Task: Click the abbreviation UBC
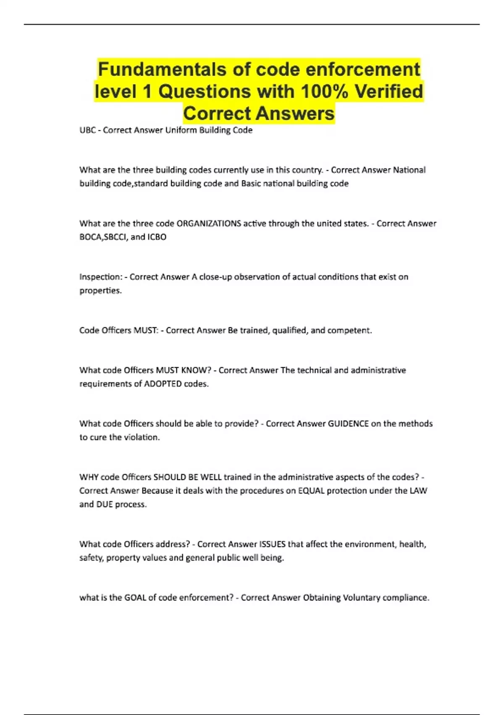click(87, 130)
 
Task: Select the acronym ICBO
click(157, 237)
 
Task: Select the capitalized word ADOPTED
click(163, 384)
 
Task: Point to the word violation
click(142, 437)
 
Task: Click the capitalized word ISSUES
click(272, 544)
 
